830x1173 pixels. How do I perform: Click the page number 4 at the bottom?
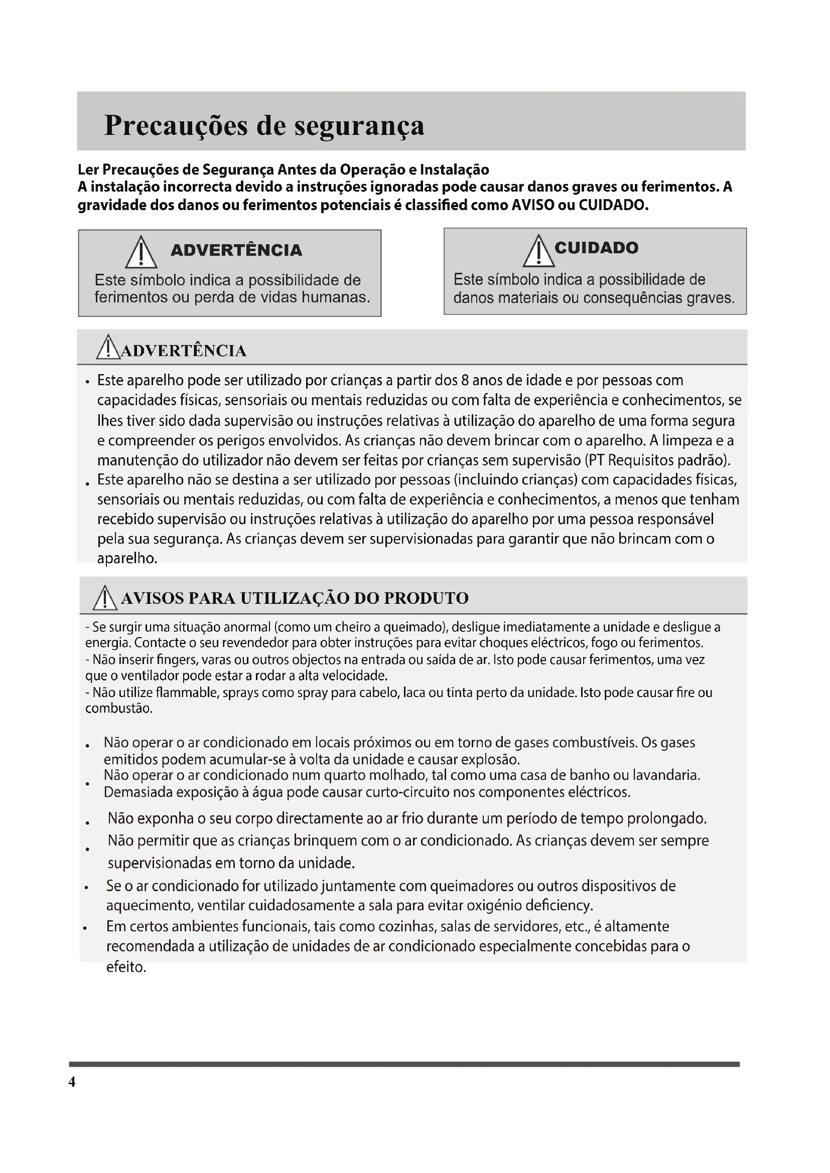[x=72, y=1082]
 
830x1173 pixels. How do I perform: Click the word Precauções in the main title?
[x=176, y=125]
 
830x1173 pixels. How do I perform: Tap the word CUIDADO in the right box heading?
[x=597, y=248]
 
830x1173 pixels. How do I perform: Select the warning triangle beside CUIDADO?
[x=538, y=251]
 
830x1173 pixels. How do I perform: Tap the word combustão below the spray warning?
[x=118, y=709]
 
